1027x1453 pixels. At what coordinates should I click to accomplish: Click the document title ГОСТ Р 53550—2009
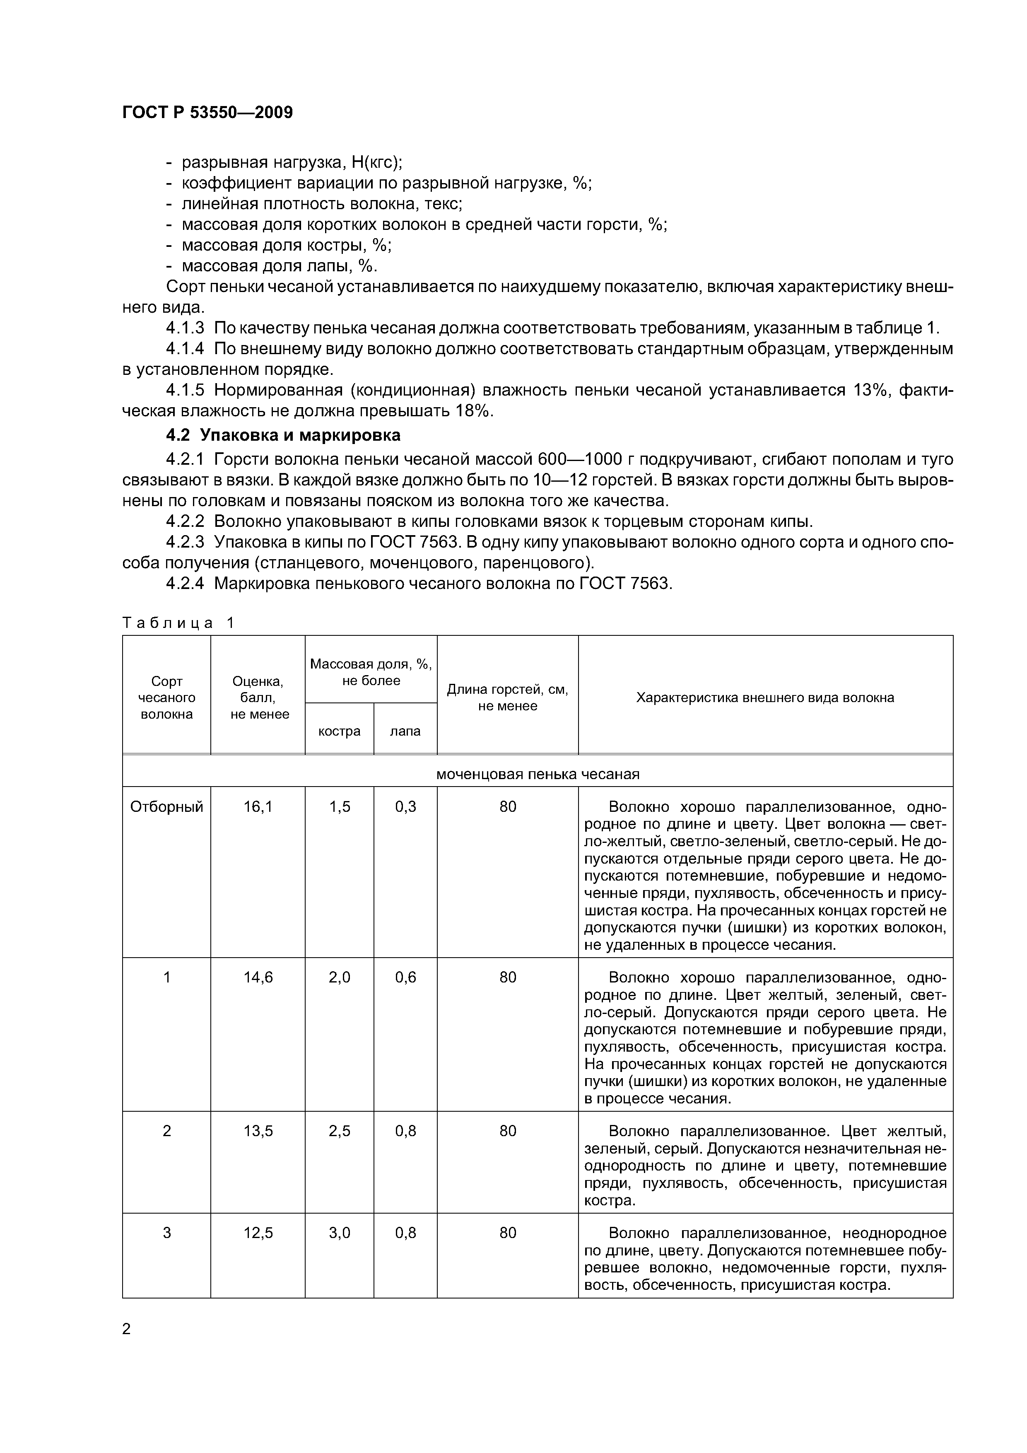pyautogui.click(x=207, y=113)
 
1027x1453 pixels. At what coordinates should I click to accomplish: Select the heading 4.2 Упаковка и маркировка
pyautogui.click(x=283, y=435)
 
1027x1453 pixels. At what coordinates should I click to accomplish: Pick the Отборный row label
pyautogui.click(x=166, y=807)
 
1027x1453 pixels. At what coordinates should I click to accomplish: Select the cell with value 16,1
pyautogui.click(x=258, y=807)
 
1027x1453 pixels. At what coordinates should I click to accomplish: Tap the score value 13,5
pyautogui.click(x=258, y=1131)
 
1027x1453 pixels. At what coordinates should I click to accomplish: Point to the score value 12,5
pyautogui.click(x=258, y=1233)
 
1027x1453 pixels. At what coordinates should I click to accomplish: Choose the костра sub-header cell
pyautogui.click(x=339, y=731)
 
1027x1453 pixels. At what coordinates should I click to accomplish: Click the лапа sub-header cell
pyautogui.click(x=405, y=731)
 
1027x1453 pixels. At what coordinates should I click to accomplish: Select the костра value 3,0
pyautogui.click(x=339, y=1233)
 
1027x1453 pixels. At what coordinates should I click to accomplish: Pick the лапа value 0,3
pyautogui.click(x=405, y=807)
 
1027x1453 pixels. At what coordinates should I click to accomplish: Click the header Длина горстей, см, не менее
pyautogui.click(x=507, y=698)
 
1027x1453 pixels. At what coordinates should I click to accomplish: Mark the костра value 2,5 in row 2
pyautogui.click(x=339, y=1131)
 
